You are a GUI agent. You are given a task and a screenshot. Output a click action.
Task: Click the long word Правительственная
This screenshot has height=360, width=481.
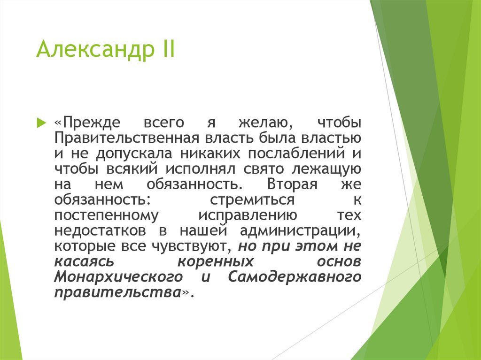coord(127,138)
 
